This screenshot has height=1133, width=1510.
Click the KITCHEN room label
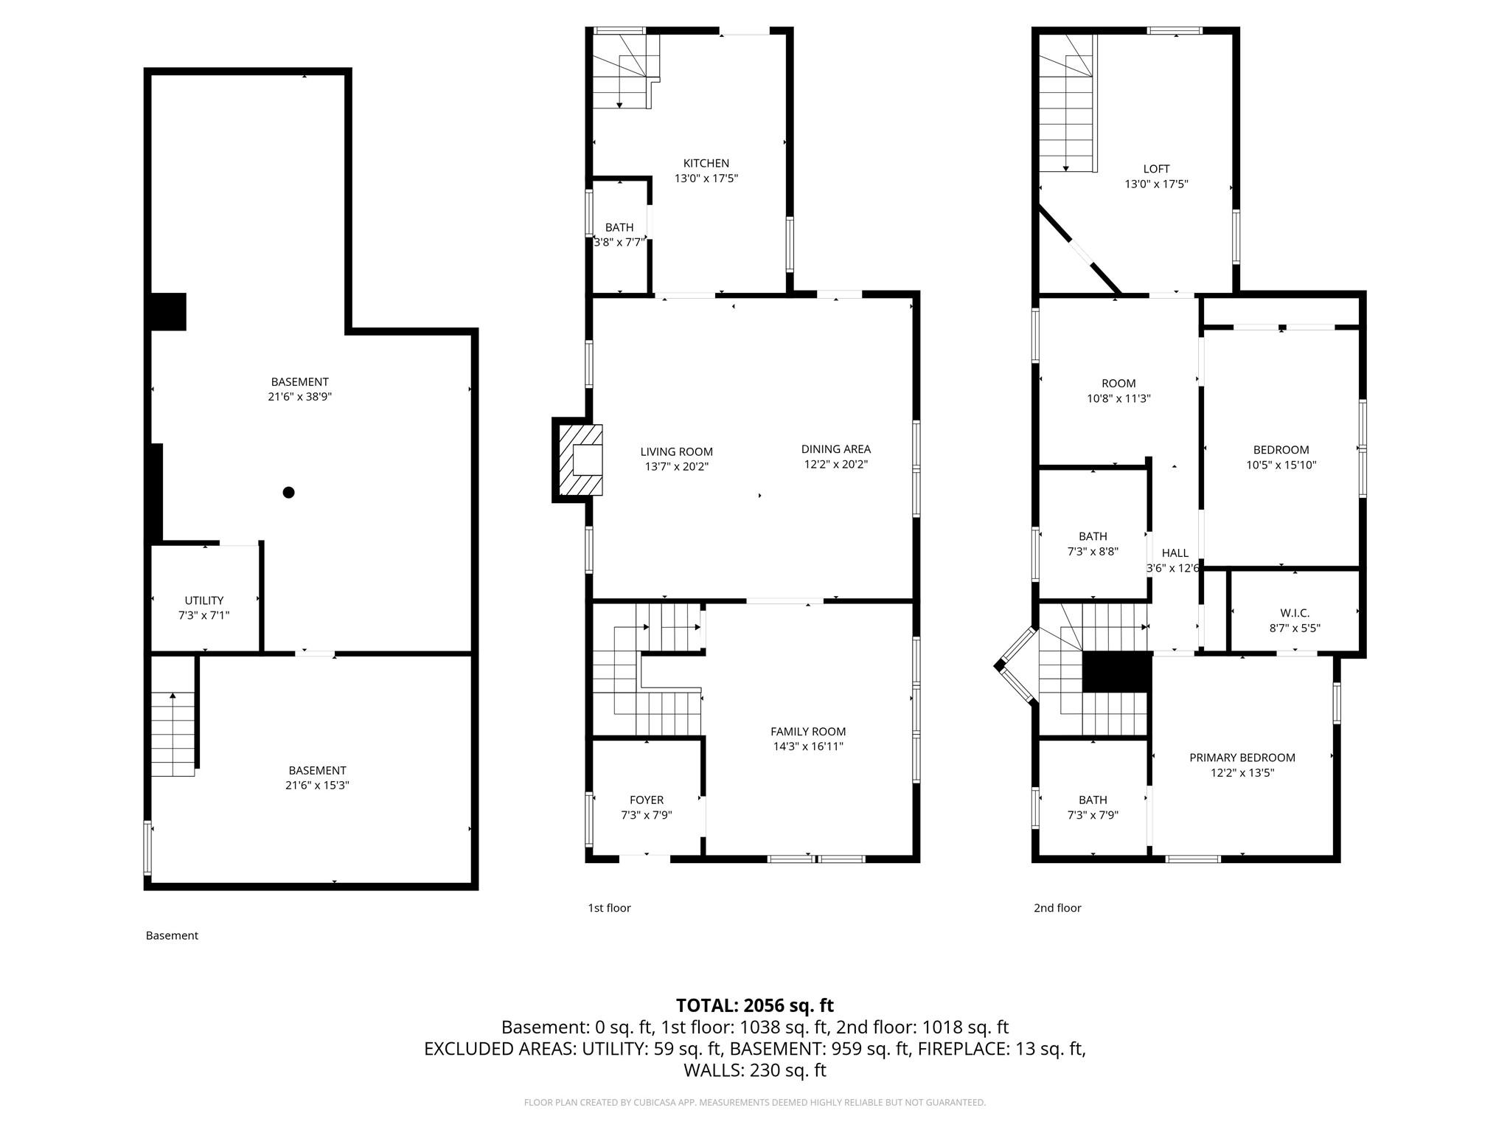pyautogui.click(x=706, y=163)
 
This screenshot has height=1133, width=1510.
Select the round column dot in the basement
pyautogui.click(x=289, y=492)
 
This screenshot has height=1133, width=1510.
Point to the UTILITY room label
pyautogui.click(x=204, y=600)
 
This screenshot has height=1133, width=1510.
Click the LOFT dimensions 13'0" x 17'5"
pyautogui.click(x=1156, y=184)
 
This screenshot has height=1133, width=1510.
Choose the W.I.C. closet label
pyautogui.click(x=1295, y=613)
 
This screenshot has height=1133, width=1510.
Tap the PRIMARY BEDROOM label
pyautogui.click(x=1242, y=758)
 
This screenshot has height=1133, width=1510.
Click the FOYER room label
pyautogui.click(x=647, y=800)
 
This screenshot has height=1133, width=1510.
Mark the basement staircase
pyautogui.click(x=173, y=735)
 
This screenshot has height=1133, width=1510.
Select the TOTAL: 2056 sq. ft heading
pyautogui.click(x=754, y=1005)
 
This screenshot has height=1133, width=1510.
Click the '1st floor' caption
pyautogui.click(x=609, y=908)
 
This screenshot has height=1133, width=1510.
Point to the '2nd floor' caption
pyautogui.click(x=1057, y=908)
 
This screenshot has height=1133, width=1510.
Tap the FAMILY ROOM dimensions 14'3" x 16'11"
pyautogui.click(x=808, y=746)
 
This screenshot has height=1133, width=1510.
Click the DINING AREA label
pyautogui.click(x=835, y=448)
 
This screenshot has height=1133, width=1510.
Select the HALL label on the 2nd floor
pyautogui.click(x=1175, y=552)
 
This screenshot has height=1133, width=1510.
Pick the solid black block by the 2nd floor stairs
pyautogui.click(x=1116, y=672)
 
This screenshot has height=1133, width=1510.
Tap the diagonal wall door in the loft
pyautogui.click(x=1082, y=252)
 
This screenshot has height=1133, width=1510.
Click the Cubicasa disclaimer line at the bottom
pyautogui.click(x=754, y=1103)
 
